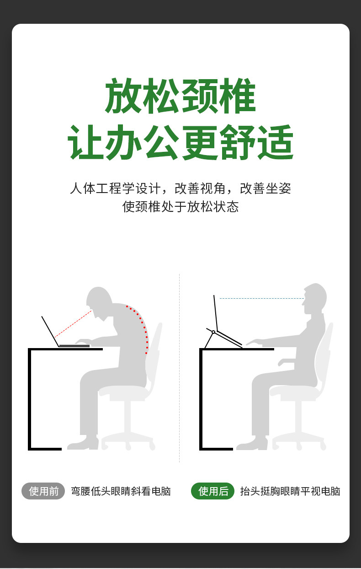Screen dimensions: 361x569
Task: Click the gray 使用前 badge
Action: (43, 491)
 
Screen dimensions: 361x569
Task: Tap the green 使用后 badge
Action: (212, 491)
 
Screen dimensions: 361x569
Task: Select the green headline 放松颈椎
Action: (180, 96)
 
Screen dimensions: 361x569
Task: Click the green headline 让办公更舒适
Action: (180, 142)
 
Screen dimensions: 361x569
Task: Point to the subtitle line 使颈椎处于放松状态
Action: (180, 207)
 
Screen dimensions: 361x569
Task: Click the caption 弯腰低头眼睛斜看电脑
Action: (121, 491)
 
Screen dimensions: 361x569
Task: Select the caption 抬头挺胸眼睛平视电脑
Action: (290, 491)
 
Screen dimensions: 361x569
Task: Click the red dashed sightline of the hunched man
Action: (73, 324)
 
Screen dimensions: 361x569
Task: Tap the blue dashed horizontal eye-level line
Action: (262, 299)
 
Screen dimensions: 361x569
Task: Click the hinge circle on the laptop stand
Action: (213, 332)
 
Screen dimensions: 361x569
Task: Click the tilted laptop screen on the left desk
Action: (50, 331)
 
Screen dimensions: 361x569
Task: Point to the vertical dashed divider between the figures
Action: (180, 368)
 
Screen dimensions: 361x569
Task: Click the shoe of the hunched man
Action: (83, 443)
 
